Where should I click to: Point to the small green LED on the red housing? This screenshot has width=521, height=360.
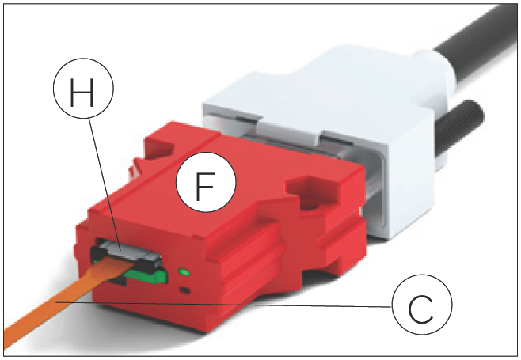185,273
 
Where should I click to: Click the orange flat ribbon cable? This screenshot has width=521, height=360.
48,316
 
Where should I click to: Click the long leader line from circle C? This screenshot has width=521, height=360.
238,305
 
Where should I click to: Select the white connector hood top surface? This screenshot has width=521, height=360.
317,95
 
